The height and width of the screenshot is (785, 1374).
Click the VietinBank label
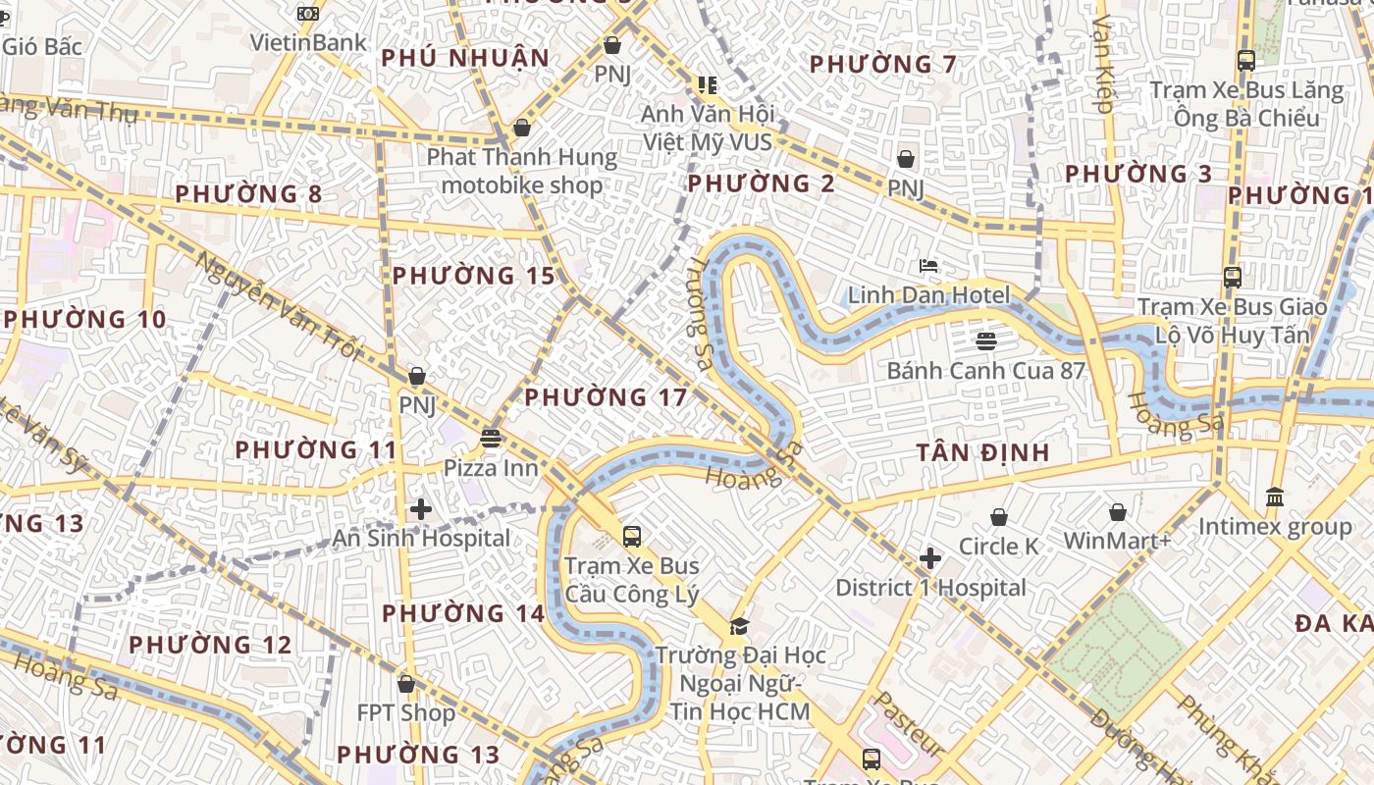(308, 42)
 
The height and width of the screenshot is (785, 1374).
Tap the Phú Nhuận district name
(465, 59)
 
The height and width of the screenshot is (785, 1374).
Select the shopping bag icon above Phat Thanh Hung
(522, 129)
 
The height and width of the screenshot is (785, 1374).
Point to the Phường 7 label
(883, 66)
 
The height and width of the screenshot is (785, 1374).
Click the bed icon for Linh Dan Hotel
(928, 266)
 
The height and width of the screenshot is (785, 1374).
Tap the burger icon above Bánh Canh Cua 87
(986, 341)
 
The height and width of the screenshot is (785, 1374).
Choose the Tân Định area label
(983, 453)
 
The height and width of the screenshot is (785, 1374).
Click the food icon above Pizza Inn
(491, 438)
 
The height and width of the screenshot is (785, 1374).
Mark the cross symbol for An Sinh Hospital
(421, 509)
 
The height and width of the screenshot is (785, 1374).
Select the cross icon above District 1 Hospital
(930, 559)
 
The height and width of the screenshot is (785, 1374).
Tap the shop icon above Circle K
(999, 517)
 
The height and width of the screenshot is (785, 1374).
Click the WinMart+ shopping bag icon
(1117, 512)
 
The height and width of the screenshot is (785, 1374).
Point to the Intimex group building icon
(1275, 497)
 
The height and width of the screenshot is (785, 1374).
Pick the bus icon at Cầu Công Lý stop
(632, 537)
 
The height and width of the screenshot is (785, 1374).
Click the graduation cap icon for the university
(740, 626)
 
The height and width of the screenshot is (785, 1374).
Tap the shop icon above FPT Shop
(406, 684)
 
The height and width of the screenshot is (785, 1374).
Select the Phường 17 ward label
(606, 398)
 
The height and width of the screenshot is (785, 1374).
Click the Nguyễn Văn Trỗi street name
(280, 306)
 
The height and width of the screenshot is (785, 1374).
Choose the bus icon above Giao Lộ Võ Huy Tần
(1233, 278)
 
